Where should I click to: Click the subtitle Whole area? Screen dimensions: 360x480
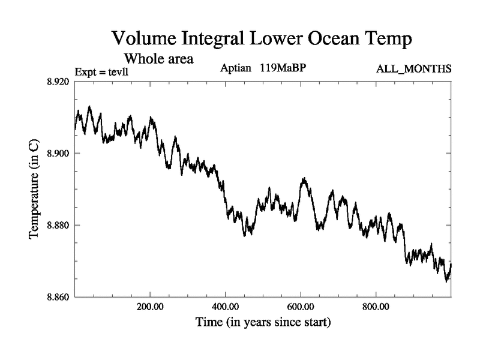pos(158,59)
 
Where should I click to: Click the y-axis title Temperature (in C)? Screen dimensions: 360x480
pos(35,190)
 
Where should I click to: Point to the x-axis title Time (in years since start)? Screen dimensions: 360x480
pos(263,323)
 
